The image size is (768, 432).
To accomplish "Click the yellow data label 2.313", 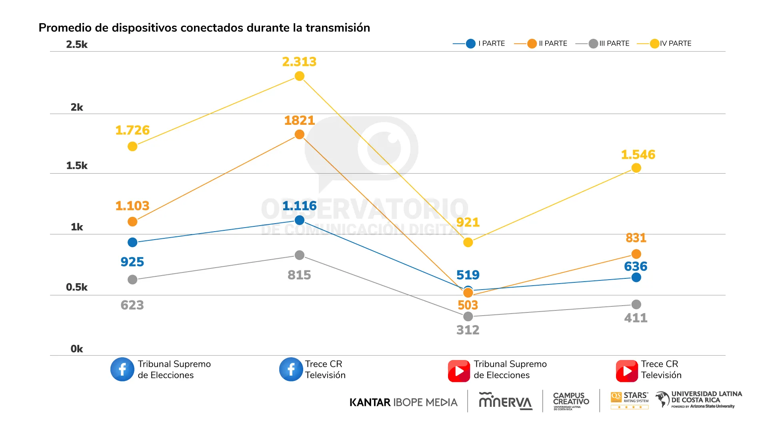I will [x=299, y=62].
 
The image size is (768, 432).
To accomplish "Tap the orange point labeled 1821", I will [x=299, y=134].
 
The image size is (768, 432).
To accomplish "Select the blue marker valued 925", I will [x=132, y=242].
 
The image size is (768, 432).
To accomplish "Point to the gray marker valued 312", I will [x=468, y=317].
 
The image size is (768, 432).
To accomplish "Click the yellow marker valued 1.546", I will [x=636, y=168].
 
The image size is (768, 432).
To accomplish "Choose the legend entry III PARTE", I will [x=603, y=44].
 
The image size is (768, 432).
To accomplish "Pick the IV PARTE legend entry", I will [x=665, y=44].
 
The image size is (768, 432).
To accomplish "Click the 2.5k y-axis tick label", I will [x=77, y=44].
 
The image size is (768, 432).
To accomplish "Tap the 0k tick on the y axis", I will [x=77, y=349].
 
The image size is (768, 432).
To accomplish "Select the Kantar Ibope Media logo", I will [x=403, y=402].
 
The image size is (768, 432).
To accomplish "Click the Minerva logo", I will [x=506, y=401].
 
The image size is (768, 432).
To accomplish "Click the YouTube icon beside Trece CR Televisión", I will [x=627, y=371].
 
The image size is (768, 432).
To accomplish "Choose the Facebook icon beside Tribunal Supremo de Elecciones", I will [x=122, y=369].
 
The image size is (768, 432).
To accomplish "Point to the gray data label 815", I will [x=299, y=275].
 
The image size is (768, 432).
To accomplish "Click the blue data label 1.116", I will [x=299, y=206].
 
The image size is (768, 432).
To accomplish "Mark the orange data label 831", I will [x=636, y=238].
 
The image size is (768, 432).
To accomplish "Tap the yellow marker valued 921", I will [x=468, y=242].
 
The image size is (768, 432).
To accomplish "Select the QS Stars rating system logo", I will [x=630, y=400].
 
